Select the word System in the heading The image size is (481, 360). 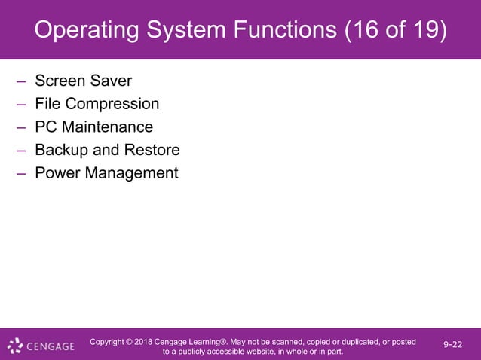[x=185, y=32]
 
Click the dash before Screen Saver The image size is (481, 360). [x=22, y=81]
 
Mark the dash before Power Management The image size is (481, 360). [x=22, y=174]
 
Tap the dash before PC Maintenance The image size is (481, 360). [x=22, y=127]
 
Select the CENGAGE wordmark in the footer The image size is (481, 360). [x=51, y=347]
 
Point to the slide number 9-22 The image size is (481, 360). [x=453, y=344]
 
